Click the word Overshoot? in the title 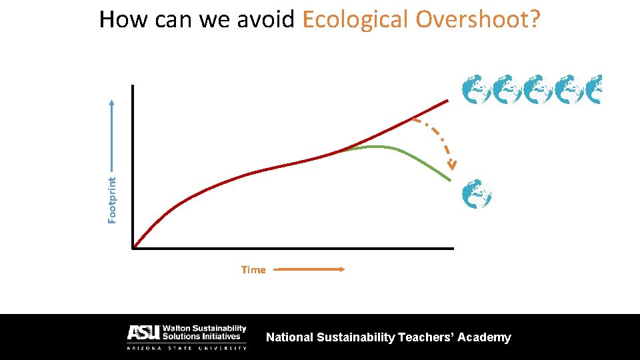pyautogui.click(x=478, y=20)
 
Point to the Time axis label pyautogui.click(x=253, y=270)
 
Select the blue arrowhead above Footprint pyautogui.click(x=112, y=103)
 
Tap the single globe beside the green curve pyautogui.click(x=477, y=194)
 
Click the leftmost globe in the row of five pyautogui.click(x=477, y=90)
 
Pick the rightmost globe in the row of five pyautogui.click(x=595, y=90)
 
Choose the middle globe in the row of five pyautogui.click(x=537, y=90)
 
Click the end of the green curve pyautogui.click(x=450, y=180)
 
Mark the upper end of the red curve pyautogui.click(x=448, y=101)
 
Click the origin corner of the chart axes pyautogui.click(x=134, y=248)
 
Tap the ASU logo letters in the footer pyautogui.click(x=142, y=333)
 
